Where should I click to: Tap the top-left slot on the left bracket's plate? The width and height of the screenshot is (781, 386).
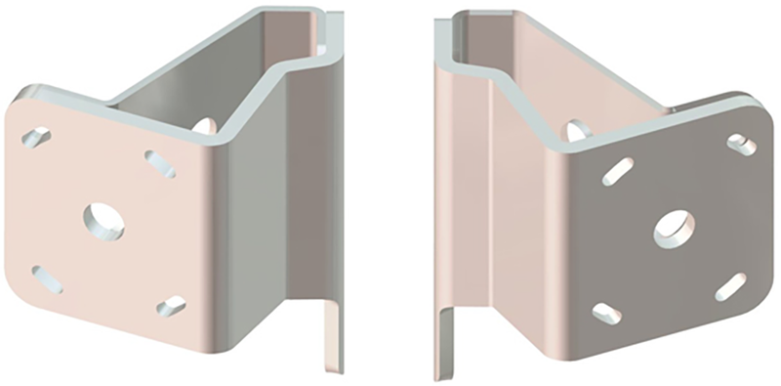[36, 137]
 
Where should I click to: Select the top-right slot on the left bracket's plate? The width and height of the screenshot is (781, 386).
[160, 163]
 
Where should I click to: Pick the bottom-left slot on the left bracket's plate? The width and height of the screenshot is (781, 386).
[47, 279]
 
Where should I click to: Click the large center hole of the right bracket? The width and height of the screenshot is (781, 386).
[674, 228]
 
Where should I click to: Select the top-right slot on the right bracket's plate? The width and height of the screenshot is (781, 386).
[742, 145]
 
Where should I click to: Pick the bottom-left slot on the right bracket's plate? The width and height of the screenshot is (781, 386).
[606, 313]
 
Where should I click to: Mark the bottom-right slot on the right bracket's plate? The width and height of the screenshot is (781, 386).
[730, 286]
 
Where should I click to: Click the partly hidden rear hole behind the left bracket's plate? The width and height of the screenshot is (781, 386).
[205, 125]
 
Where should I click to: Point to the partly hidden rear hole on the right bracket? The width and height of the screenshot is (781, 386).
[574, 129]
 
